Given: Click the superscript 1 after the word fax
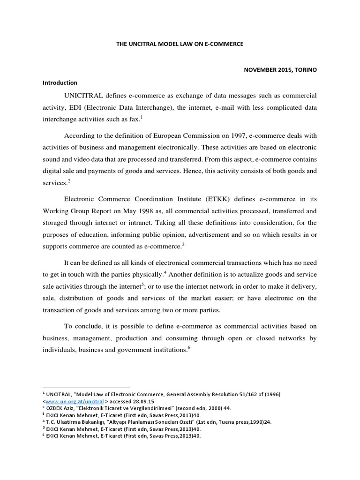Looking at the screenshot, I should (142, 117).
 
